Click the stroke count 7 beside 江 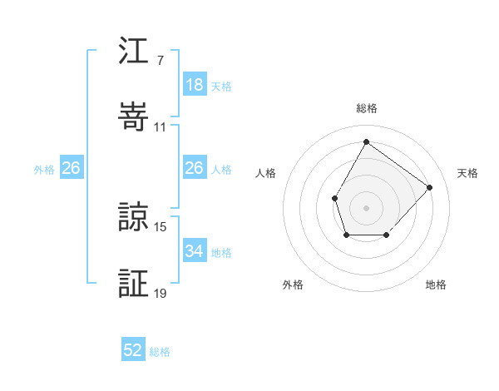pyautogui.click(x=161, y=60)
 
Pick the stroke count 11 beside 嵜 pyautogui.click(x=161, y=126)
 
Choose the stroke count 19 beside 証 pyautogui.click(x=161, y=293)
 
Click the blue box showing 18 pyautogui.click(x=194, y=85)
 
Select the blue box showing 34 pyautogui.click(x=194, y=251)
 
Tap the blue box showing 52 pyautogui.click(x=133, y=350)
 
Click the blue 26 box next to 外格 pyautogui.click(x=71, y=168)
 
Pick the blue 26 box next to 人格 pyautogui.click(x=194, y=168)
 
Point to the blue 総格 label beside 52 pyautogui.click(x=160, y=352)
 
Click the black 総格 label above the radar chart pyautogui.click(x=366, y=108)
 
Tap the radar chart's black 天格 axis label pyautogui.click(x=467, y=173)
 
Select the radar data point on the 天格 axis pyautogui.click(x=429, y=187)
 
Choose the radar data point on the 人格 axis pyautogui.click(x=335, y=198)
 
